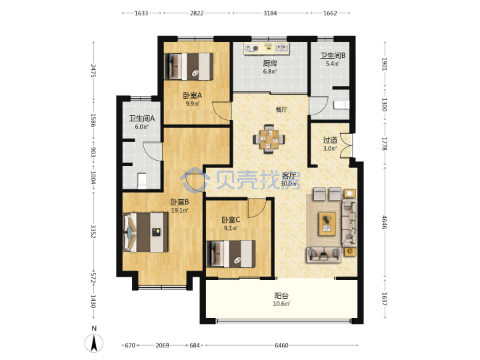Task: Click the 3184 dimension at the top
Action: [x=270, y=13]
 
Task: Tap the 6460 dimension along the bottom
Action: [x=281, y=345]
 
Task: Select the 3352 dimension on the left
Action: [x=94, y=232]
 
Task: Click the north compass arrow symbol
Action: [x=94, y=343]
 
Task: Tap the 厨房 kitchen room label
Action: [x=270, y=63]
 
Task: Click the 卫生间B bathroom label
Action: [x=333, y=56]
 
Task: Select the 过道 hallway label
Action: [x=330, y=140]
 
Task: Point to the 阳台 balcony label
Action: [x=281, y=296]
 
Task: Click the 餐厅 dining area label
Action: [x=281, y=109]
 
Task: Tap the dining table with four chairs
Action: [x=269, y=139]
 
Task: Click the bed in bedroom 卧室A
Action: [x=189, y=67]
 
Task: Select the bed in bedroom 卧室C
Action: [x=231, y=254]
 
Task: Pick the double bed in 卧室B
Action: [x=145, y=233]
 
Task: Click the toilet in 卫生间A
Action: [x=142, y=181]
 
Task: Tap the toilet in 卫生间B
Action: [x=341, y=105]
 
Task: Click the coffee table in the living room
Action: [x=327, y=224]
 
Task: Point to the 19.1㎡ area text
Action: [x=179, y=210]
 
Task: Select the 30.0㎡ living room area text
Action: [x=289, y=184]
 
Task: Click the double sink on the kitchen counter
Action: [x=282, y=48]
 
